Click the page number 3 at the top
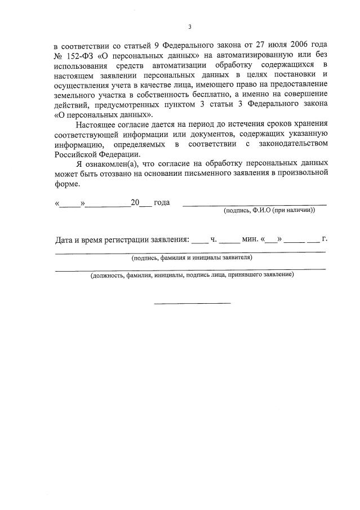pyautogui.click(x=190, y=26)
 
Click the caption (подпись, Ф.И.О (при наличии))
pyautogui.click(x=269, y=210)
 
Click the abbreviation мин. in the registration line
pyautogui.click(x=249, y=239)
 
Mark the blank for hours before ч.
pyautogui.click(x=199, y=240)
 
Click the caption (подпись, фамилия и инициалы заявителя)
pyautogui.click(x=190, y=258)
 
